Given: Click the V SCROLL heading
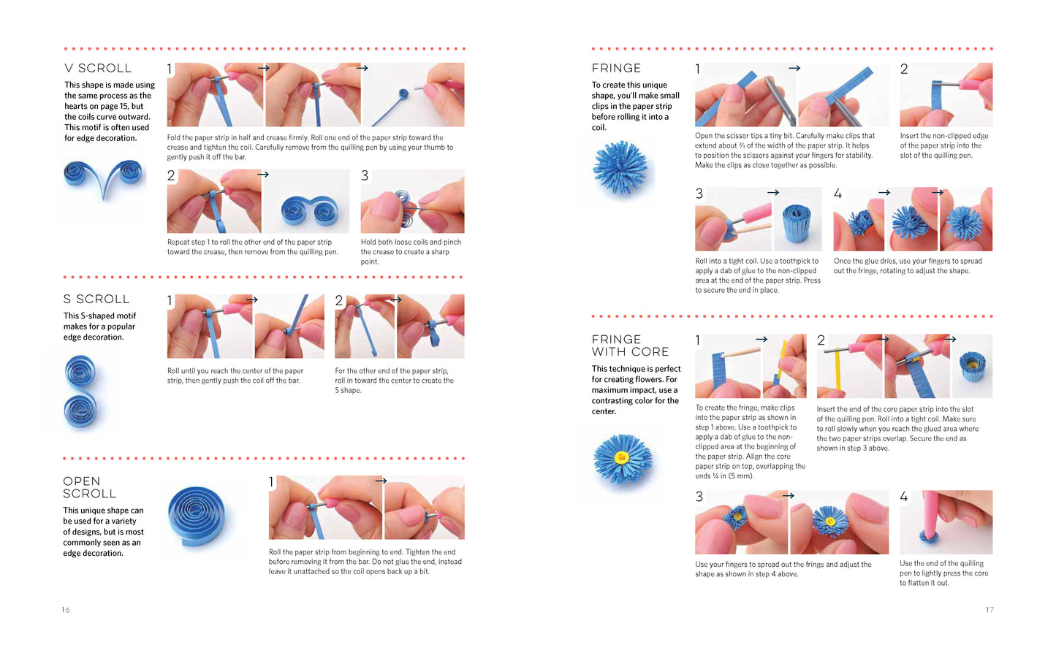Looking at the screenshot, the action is point(98,69).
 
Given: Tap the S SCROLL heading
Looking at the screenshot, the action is point(96,299).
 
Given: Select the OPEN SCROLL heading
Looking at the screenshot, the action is point(90,487).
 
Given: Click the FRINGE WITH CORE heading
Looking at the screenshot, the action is point(630,345).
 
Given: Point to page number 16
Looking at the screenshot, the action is point(66,610).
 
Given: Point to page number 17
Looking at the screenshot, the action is point(989,610).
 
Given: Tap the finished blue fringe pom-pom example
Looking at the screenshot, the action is point(621,168).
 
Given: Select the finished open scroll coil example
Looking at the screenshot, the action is point(197,516).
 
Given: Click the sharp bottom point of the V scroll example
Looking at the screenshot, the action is point(105,199).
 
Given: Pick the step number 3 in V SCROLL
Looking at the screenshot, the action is point(365,176).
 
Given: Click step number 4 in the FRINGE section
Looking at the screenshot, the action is point(837,194).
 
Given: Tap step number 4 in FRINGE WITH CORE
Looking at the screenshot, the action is point(904,497).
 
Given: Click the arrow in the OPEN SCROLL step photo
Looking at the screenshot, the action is point(381,481).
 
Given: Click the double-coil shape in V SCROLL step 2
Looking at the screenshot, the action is point(310,210).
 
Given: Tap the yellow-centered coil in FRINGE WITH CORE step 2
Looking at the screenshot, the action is point(973,366).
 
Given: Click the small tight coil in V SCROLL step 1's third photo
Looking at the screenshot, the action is point(403,93).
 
